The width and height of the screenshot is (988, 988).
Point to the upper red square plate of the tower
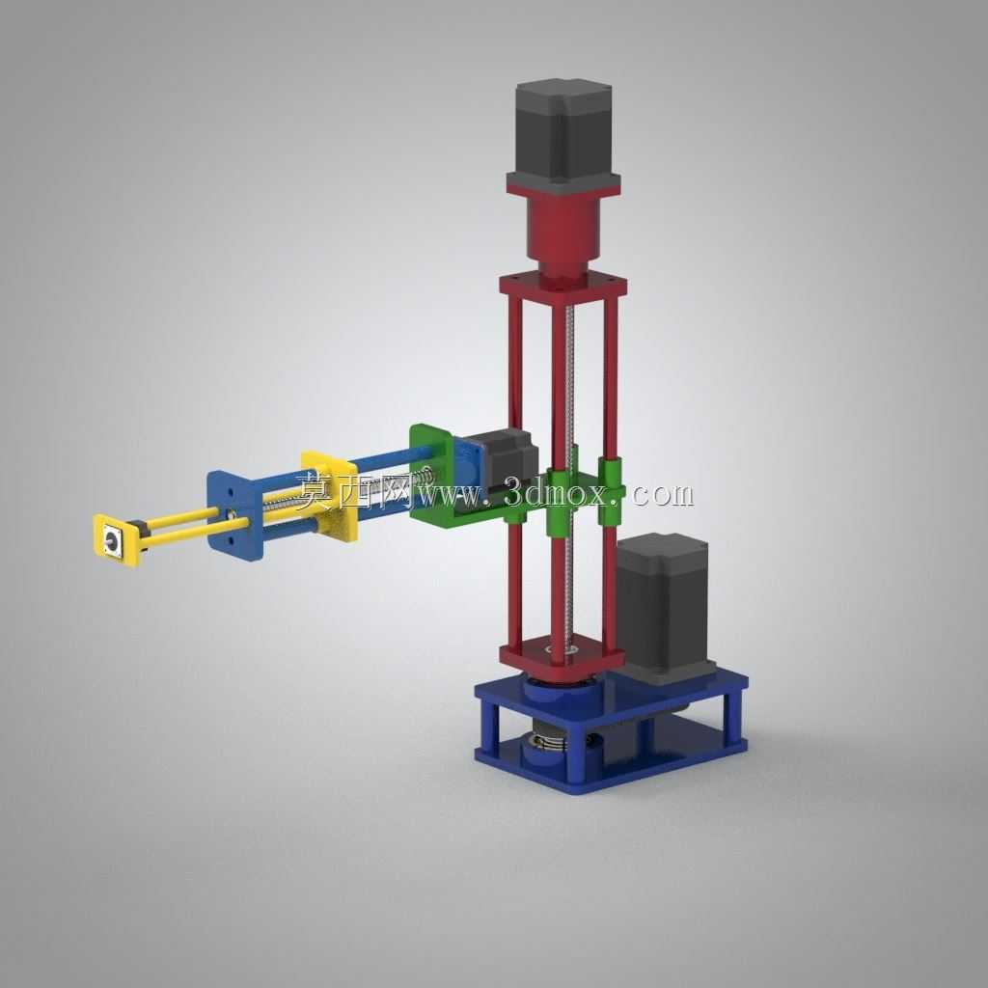(x=563, y=285)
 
